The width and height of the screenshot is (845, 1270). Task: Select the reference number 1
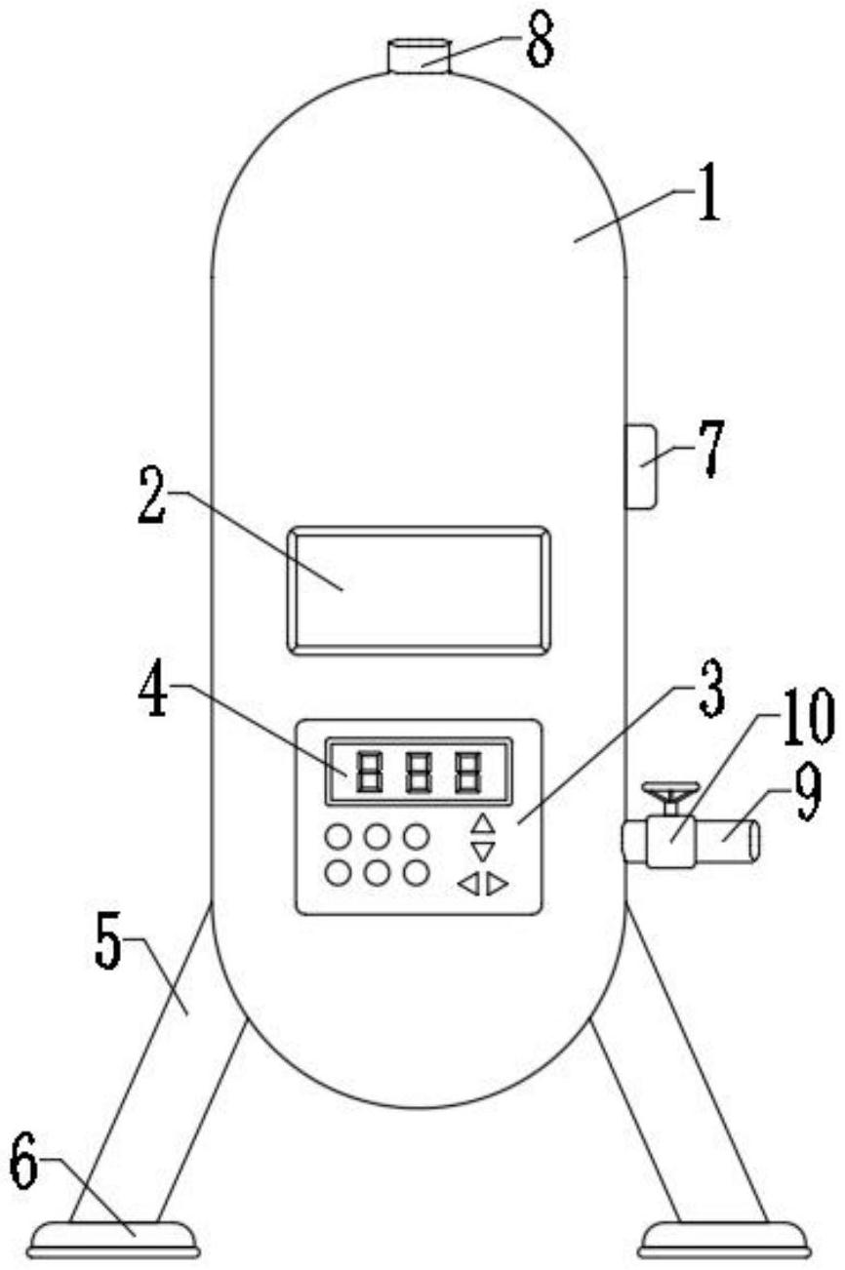[x=708, y=193]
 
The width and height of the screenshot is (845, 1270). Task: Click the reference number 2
[x=153, y=496]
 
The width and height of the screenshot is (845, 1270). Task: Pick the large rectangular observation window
[x=419, y=590]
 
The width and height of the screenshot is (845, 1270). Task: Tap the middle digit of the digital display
[x=419, y=772]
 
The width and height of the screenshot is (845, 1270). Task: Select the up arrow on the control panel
[x=484, y=824]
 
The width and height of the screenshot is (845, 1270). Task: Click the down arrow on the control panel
[x=483, y=851]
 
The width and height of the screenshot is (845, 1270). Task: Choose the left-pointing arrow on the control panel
[x=469, y=884]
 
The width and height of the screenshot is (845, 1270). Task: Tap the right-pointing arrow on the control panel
[x=498, y=884]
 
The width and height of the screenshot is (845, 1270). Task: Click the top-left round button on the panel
[x=338, y=837]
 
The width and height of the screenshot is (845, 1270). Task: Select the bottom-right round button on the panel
[x=417, y=874]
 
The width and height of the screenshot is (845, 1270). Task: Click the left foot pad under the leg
[x=114, y=1239]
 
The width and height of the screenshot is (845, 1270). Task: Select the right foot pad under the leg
[x=724, y=1239]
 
